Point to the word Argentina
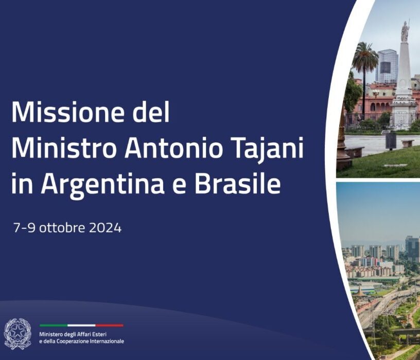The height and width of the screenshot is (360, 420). click(x=102, y=185)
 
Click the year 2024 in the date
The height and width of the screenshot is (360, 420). click(x=106, y=228)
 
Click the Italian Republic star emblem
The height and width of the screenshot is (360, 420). click(x=17, y=333)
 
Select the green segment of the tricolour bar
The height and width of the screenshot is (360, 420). click(x=54, y=326)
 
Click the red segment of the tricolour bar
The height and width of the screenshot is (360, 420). click(x=110, y=326)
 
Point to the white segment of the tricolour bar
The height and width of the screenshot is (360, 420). click(x=81, y=326)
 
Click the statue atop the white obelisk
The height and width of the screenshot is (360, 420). click(x=405, y=31)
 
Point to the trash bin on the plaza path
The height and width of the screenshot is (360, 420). click(x=391, y=140)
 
